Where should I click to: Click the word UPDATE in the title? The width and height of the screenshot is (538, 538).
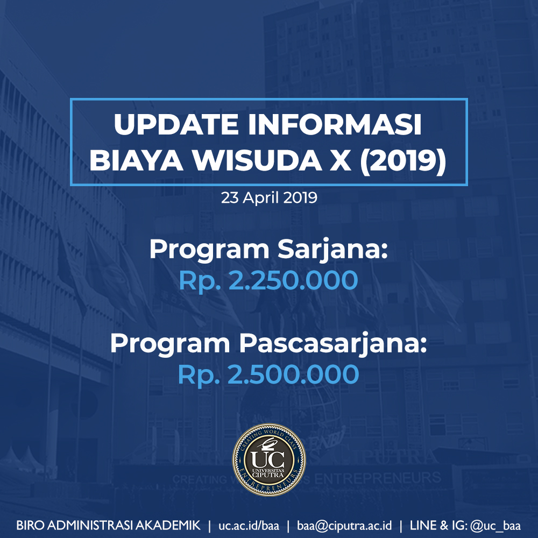point(176,124)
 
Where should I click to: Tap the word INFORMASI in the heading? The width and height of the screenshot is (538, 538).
point(335,124)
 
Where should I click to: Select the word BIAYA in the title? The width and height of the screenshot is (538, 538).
point(136,160)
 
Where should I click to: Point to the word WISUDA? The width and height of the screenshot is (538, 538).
point(257,160)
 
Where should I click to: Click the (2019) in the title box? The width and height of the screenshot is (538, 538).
point(403,161)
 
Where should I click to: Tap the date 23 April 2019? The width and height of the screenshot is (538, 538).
point(269,198)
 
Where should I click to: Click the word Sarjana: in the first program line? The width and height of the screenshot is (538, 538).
point(333,250)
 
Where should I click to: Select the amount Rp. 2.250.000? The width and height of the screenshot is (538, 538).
point(268,281)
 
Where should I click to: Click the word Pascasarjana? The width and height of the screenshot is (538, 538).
point(333,344)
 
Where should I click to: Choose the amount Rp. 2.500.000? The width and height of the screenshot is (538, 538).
point(268,374)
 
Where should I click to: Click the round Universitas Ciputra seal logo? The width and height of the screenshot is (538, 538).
point(269,460)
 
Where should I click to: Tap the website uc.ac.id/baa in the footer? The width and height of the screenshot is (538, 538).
point(249,526)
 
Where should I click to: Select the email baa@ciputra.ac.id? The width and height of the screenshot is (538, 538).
point(344,526)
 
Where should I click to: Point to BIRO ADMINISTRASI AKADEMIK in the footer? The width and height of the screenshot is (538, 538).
point(109,526)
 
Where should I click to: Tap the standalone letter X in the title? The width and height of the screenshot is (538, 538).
point(341,160)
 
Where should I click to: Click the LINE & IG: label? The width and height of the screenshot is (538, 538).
point(438,526)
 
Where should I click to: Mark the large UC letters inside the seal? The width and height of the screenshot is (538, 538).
point(267,458)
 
